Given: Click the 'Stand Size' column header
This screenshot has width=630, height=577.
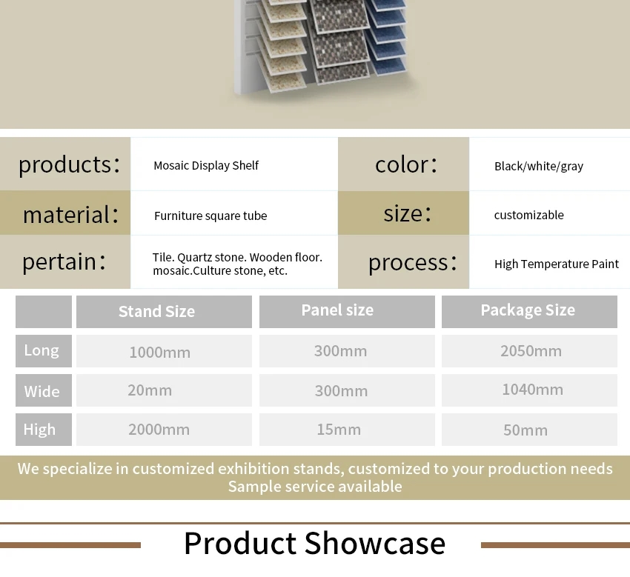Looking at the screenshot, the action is click(164, 312).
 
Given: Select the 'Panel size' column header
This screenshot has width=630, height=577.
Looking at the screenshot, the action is click(347, 312).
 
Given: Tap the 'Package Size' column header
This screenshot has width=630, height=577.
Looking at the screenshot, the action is click(529, 312).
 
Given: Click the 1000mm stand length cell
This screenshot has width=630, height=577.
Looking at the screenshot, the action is click(164, 351).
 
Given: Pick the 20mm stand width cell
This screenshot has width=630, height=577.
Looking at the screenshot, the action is click(164, 390).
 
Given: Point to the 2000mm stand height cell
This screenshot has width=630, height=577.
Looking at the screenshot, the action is click(164, 430).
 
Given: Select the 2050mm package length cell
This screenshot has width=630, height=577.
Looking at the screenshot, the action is click(529, 351).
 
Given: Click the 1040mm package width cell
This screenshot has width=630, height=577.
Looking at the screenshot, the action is click(529, 390).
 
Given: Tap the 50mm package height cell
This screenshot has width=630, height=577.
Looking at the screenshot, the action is click(529, 430).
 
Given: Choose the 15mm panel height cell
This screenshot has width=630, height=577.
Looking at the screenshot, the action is click(347, 430).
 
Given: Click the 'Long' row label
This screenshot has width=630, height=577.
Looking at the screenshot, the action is click(44, 351).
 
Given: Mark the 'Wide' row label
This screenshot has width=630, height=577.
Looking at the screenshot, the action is click(44, 390).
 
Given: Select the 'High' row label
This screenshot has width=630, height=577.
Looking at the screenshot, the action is click(44, 430).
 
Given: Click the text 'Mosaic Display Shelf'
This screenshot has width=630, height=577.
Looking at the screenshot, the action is click(206, 165).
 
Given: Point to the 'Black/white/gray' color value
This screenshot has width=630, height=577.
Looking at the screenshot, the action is click(539, 166).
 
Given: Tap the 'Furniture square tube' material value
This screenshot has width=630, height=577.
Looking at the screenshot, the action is click(210, 216).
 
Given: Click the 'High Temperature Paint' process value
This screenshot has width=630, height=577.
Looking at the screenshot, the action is click(557, 264).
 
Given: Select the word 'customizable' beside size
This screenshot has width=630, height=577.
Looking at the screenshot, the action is click(528, 216).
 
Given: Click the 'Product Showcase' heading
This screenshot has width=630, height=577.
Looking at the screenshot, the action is click(314, 543).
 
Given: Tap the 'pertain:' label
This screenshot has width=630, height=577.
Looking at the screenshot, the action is click(64, 261).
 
